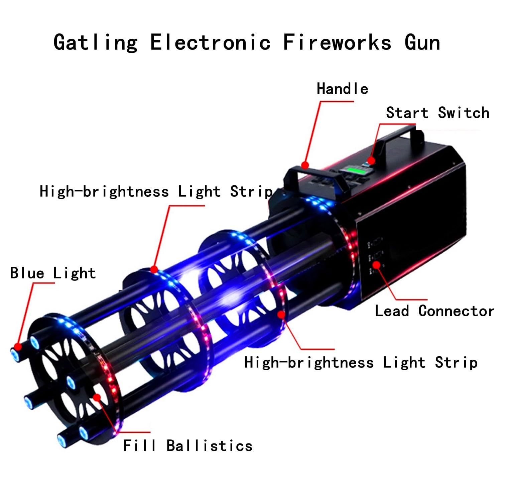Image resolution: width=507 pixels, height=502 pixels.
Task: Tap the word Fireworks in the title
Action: pyautogui.click(x=337, y=42)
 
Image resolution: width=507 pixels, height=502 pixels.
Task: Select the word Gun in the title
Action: pyautogui.click(x=422, y=42)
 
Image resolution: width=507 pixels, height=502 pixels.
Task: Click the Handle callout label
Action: pyautogui.click(x=343, y=89)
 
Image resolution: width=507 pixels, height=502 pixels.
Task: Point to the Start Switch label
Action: pyautogui.click(x=438, y=113)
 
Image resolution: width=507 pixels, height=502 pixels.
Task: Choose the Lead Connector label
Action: pyautogui.click(x=434, y=311)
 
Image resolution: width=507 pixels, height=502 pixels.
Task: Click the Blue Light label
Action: pyautogui.click(x=53, y=273)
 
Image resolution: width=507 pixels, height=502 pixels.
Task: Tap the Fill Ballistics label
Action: pyautogui.click(x=188, y=445)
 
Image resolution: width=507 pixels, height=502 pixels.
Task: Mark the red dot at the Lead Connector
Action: pyautogui.click(x=377, y=265)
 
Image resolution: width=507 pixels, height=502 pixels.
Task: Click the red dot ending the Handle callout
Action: pyautogui.click(x=305, y=165)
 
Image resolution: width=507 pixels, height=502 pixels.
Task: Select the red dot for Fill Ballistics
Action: pyautogui.click(x=97, y=397)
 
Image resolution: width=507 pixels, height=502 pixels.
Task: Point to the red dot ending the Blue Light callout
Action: pyautogui.click(x=18, y=346)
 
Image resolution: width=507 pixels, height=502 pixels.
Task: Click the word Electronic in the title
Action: pyautogui.click(x=210, y=42)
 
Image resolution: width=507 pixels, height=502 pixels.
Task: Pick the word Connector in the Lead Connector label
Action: pyautogui.click(x=457, y=311)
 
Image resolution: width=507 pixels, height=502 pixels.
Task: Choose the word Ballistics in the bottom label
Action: pyautogui.click(x=210, y=445)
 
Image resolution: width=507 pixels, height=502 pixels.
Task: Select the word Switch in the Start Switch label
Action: pyautogui.click(x=464, y=113)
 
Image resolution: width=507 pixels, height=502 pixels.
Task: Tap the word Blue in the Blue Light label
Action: pyautogui.click(x=27, y=273)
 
